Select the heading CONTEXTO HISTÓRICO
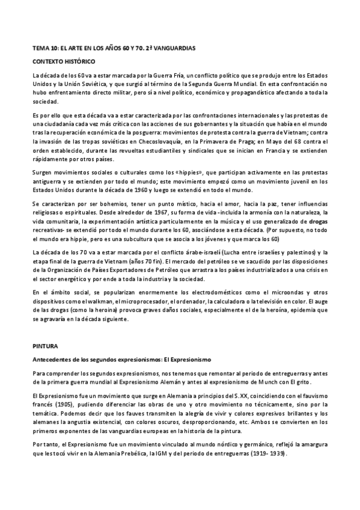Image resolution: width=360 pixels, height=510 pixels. tap(63, 61)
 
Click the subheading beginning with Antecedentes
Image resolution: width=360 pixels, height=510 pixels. tap(120, 359)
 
